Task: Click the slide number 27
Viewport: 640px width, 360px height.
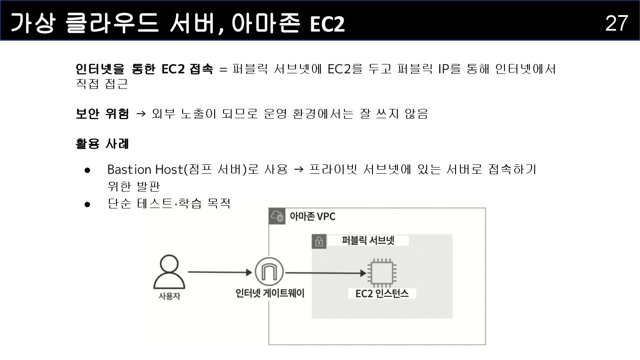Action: coord(616,23)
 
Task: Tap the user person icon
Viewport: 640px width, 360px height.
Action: coord(169,272)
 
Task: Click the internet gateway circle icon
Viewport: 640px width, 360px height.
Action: coord(269,272)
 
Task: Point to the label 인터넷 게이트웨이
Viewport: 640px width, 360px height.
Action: coord(270,293)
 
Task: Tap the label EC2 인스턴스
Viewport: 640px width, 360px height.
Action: coord(382,293)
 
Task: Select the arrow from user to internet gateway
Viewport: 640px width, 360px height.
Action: coord(220,272)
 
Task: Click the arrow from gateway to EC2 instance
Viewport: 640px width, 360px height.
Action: coord(325,273)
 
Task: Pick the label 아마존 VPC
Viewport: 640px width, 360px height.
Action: coord(312,216)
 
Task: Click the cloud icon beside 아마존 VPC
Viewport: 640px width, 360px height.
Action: coord(277,216)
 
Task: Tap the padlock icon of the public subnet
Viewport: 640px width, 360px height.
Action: coord(319,241)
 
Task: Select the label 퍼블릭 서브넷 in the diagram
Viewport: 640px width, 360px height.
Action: coord(368,240)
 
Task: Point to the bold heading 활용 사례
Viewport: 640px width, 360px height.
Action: coord(103,144)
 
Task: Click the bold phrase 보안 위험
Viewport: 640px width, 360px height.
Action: coord(103,114)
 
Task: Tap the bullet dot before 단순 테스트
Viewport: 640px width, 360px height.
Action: coord(88,204)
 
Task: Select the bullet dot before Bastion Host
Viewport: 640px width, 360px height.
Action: coord(88,170)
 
